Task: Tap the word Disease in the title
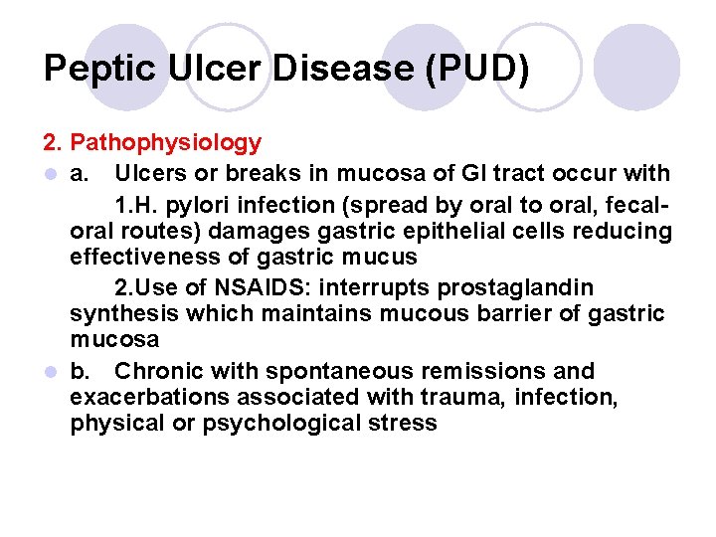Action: pyautogui.click(x=327, y=68)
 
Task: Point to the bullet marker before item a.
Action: pyautogui.click(x=50, y=174)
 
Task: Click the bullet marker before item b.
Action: pyautogui.click(x=50, y=372)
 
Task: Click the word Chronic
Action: pyautogui.click(x=157, y=372)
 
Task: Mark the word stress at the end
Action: pyautogui.click(x=404, y=424)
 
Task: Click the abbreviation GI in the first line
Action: pyautogui.click(x=445, y=174)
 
